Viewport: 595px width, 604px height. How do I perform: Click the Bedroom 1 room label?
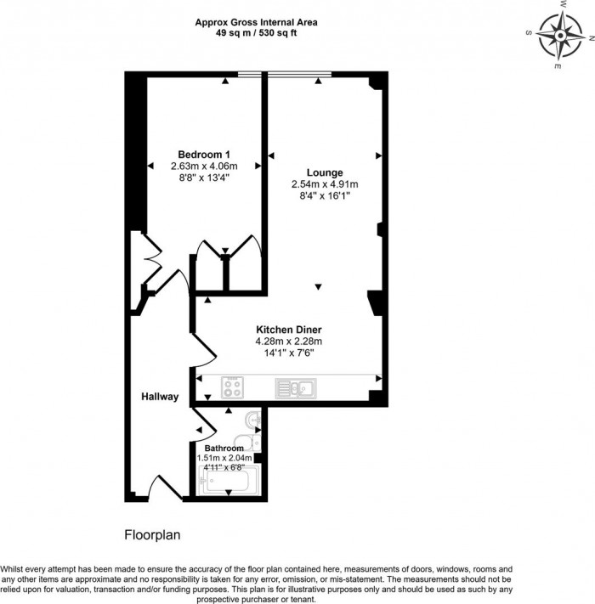pos(204,153)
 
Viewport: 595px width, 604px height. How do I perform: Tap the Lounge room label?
pos(324,172)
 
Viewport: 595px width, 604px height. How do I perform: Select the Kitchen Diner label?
pos(289,329)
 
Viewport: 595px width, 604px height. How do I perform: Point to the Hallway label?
pos(160,397)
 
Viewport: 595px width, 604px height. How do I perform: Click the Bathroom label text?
pos(224,448)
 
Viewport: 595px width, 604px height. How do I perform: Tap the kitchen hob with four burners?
pos(233,388)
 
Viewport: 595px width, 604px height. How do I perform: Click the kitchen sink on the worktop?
pos(295,388)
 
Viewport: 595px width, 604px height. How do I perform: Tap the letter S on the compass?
pos(529,33)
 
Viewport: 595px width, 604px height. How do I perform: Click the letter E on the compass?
pos(557,65)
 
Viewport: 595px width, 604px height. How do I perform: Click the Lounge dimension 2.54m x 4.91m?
pos(324,184)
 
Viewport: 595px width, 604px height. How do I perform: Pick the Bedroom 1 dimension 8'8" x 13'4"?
pos(204,178)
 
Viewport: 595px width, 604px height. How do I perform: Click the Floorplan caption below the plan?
pos(153,536)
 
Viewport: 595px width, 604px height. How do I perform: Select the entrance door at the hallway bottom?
pos(163,488)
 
